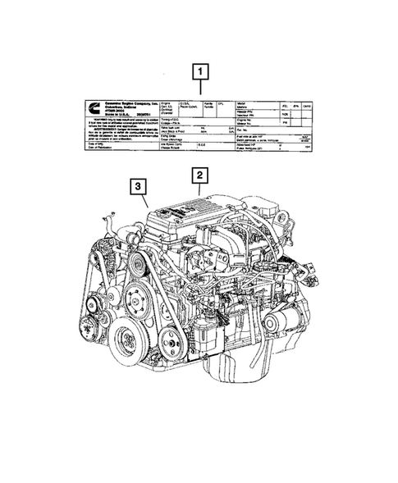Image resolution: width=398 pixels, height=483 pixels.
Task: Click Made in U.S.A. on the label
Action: pyautogui.click(x=120, y=116)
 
